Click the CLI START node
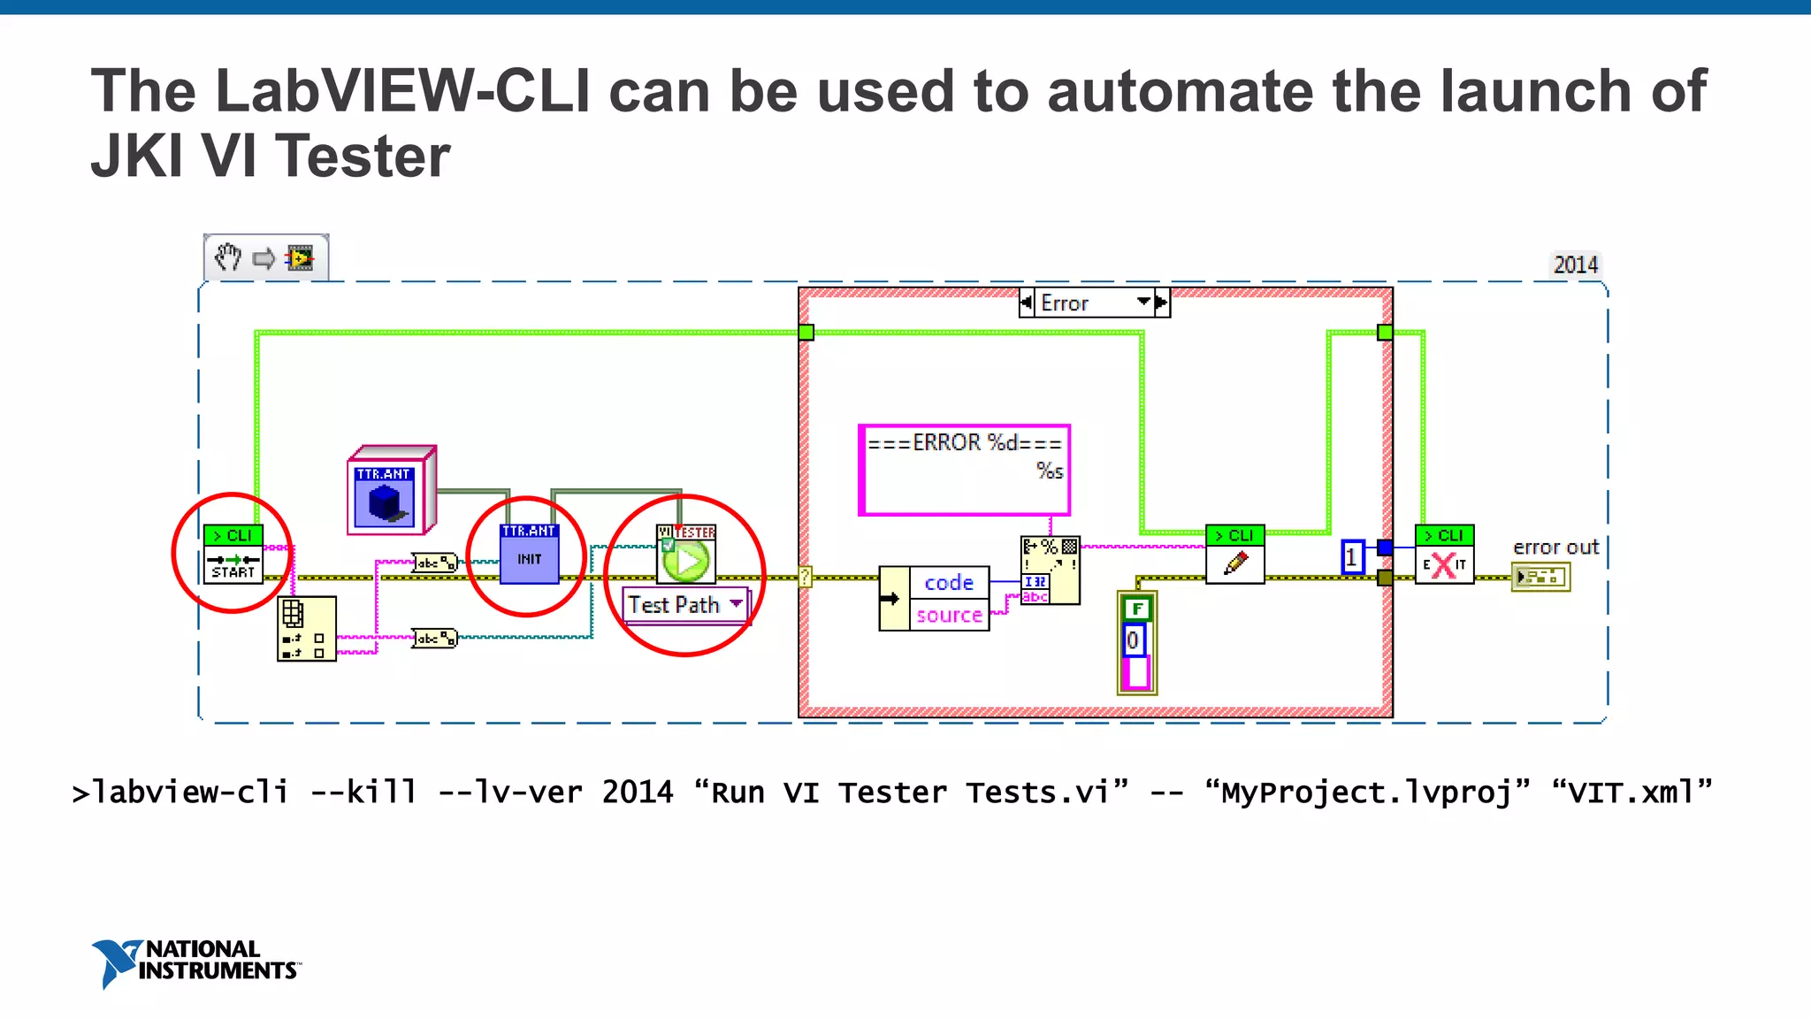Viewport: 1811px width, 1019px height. [x=233, y=555]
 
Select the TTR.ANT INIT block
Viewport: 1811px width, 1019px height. [x=529, y=555]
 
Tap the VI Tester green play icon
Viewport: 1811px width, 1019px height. [x=687, y=561]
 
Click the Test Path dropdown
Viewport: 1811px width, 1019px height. [x=685, y=605]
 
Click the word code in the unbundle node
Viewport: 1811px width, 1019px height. [x=949, y=583]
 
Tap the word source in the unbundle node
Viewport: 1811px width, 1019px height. [x=949, y=615]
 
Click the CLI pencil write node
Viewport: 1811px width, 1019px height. [x=1235, y=555]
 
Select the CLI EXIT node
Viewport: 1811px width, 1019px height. [x=1444, y=555]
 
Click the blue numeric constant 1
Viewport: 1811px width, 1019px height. [x=1352, y=557]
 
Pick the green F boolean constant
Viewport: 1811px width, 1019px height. [x=1137, y=609]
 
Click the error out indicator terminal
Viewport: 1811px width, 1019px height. [x=1540, y=578]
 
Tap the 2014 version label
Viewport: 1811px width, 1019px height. [x=1575, y=264]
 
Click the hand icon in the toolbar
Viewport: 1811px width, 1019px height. [x=228, y=258]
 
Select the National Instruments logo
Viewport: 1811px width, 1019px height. [x=195, y=962]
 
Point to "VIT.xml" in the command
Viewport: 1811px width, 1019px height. [x=1631, y=792]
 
